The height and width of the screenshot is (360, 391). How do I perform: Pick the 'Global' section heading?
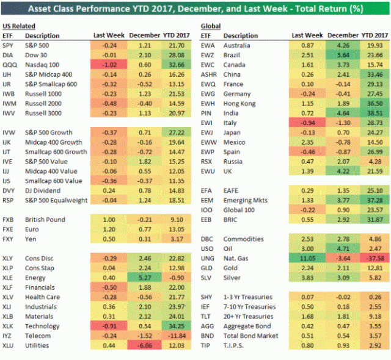[x=211, y=26]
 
